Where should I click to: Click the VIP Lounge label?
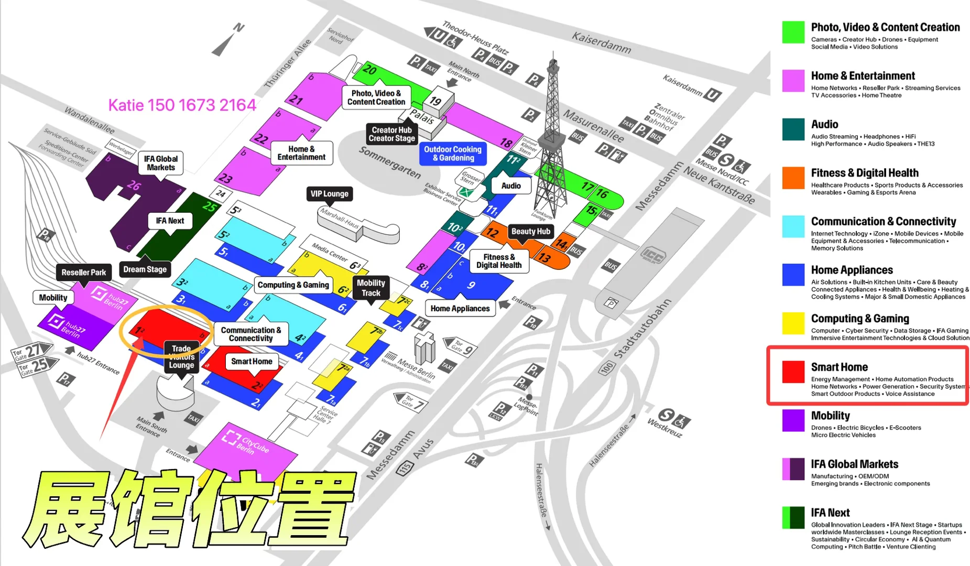pyautogui.click(x=329, y=194)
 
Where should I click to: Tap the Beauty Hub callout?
pyautogui.click(x=530, y=231)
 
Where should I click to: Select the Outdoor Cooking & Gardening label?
pyautogui.click(x=452, y=154)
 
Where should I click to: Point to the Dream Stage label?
pyautogui.click(x=145, y=269)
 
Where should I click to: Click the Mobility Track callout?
pyautogui.click(x=370, y=288)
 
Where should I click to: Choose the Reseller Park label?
pyautogui.click(x=83, y=273)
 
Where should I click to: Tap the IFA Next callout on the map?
pyautogui.click(x=170, y=221)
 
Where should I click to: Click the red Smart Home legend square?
pyautogui.click(x=793, y=372)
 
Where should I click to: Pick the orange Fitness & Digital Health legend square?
pyautogui.click(x=793, y=178)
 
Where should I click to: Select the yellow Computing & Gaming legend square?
pyautogui.click(x=793, y=323)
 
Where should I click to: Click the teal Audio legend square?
pyautogui.click(x=793, y=129)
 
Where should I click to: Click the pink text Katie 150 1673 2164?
pyautogui.click(x=182, y=105)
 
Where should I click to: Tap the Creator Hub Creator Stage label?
pyautogui.click(x=391, y=134)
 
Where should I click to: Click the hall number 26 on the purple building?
pyautogui.click(x=134, y=185)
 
